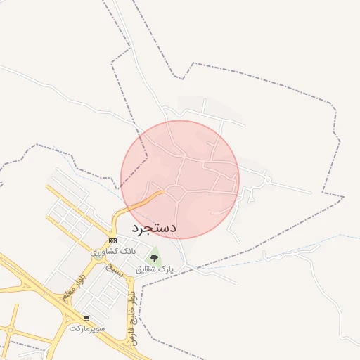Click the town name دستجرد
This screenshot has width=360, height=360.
click(x=154, y=228)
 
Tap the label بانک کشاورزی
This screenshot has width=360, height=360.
click(x=111, y=250)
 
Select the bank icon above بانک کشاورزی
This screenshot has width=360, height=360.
click(x=113, y=240)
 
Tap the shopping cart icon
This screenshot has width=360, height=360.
click(x=86, y=319)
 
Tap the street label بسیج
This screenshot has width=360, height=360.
click(x=113, y=271)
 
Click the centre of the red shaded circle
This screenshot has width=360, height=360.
click(x=180, y=179)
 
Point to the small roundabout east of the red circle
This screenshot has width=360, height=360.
click(x=268, y=181)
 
